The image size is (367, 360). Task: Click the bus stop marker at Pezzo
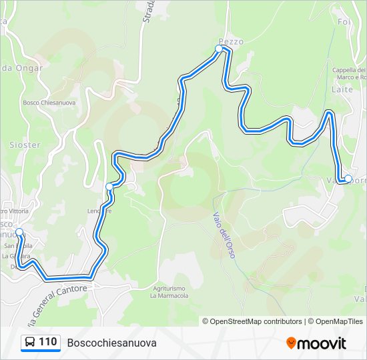click(x=219, y=49)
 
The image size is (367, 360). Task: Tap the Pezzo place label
click(x=231, y=41)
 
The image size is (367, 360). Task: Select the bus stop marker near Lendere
click(x=109, y=187)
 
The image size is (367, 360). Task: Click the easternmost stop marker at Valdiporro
click(x=348, y=178)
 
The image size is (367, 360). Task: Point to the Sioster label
click(x=25, y=145)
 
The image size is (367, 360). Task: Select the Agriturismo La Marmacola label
click(x=168, y=291)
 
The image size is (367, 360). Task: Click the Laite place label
click(x=342, y=89)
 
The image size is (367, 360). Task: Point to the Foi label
click(x=344, y=22)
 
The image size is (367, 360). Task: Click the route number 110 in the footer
click(x=47, y=342)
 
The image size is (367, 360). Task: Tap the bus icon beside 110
click(x=30, y=343)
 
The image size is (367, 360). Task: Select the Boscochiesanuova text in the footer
click(x=111, y=343)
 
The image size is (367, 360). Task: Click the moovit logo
click(x=316, y=343)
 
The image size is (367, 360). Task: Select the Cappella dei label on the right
click(x=349, y=70)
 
